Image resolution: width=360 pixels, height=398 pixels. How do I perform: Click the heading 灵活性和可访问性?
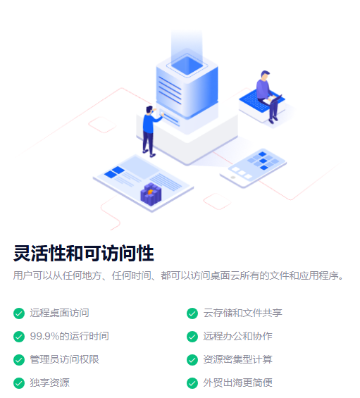[x=84, y=253]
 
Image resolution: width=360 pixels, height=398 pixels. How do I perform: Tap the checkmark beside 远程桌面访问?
[x=19, y=313]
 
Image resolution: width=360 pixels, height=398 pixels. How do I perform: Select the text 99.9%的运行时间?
[x=69, y=336]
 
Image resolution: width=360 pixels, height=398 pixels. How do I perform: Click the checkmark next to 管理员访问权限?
[x=19, y=360]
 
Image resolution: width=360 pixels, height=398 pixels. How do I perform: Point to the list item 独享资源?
[x=50, y=383]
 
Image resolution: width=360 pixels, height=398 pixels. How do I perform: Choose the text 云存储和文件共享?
[x=243, y=313]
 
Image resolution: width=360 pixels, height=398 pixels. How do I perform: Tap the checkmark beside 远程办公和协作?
[x=192, y=337]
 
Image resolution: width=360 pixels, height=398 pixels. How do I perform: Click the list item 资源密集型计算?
[x=237, y=359]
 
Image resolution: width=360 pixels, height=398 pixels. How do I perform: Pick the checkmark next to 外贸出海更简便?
[x=192, y=383]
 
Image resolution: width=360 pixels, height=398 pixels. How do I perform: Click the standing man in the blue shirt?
[x=150, y=132]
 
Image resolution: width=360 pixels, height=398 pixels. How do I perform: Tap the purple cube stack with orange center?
[x=151, y=194]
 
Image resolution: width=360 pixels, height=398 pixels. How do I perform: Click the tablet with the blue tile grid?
[x=253, y=168]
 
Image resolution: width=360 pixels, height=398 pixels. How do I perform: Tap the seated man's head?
[x=265, y=75]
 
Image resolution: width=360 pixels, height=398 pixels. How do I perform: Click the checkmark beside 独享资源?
[x=19, y=383]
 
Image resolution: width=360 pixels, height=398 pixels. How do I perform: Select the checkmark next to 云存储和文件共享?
[x=192, y=313]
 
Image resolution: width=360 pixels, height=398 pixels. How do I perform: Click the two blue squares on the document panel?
[x=115, y=173]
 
